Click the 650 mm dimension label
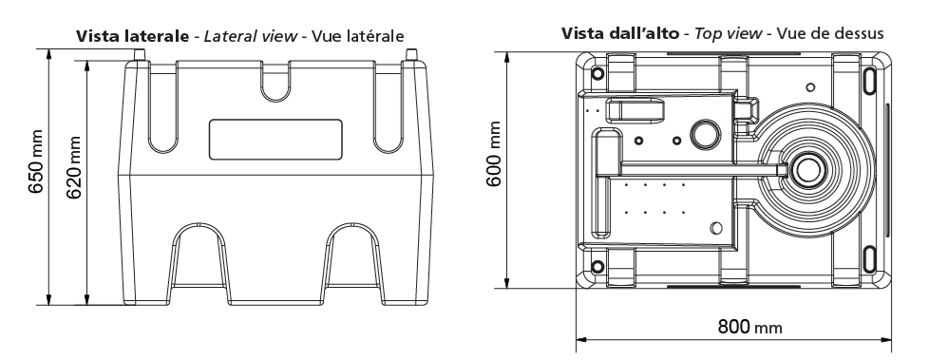(37, 161)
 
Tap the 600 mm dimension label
(494, 154)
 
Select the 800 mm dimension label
(749, 327)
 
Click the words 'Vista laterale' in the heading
(132, 36)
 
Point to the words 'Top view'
(728, 33)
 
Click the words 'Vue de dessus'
(830, 33)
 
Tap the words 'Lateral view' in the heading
(251, 36)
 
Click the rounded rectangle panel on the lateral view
(275, 140)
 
